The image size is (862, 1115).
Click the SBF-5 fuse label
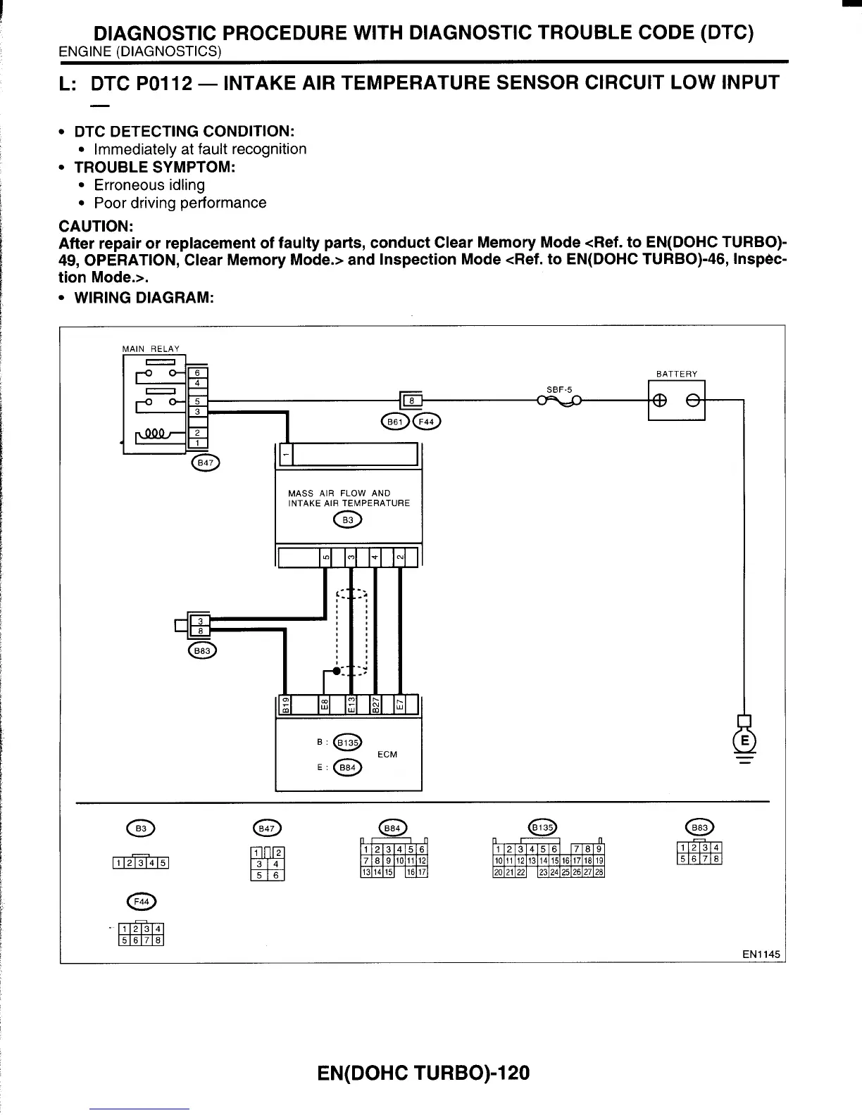[561, 389]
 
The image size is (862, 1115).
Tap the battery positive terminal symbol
[661, 400]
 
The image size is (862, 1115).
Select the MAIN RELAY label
[151, 348]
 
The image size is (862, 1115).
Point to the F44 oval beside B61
[427, 422]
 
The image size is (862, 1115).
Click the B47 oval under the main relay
[205, 462]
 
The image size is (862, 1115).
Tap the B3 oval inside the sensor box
[347, 520]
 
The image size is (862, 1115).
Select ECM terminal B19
[285, 705]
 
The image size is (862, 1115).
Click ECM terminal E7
[399, 705]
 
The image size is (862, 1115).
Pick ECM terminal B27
[375, 705]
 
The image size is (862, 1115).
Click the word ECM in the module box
[387, 755]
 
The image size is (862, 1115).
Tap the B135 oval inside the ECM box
[347, 742]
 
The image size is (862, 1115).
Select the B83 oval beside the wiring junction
[202, 651]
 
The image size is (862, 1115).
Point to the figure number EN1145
[761, 955]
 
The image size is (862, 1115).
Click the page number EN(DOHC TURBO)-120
[423, 1073]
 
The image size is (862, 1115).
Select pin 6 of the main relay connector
[198, 372]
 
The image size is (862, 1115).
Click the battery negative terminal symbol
[692, 400]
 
